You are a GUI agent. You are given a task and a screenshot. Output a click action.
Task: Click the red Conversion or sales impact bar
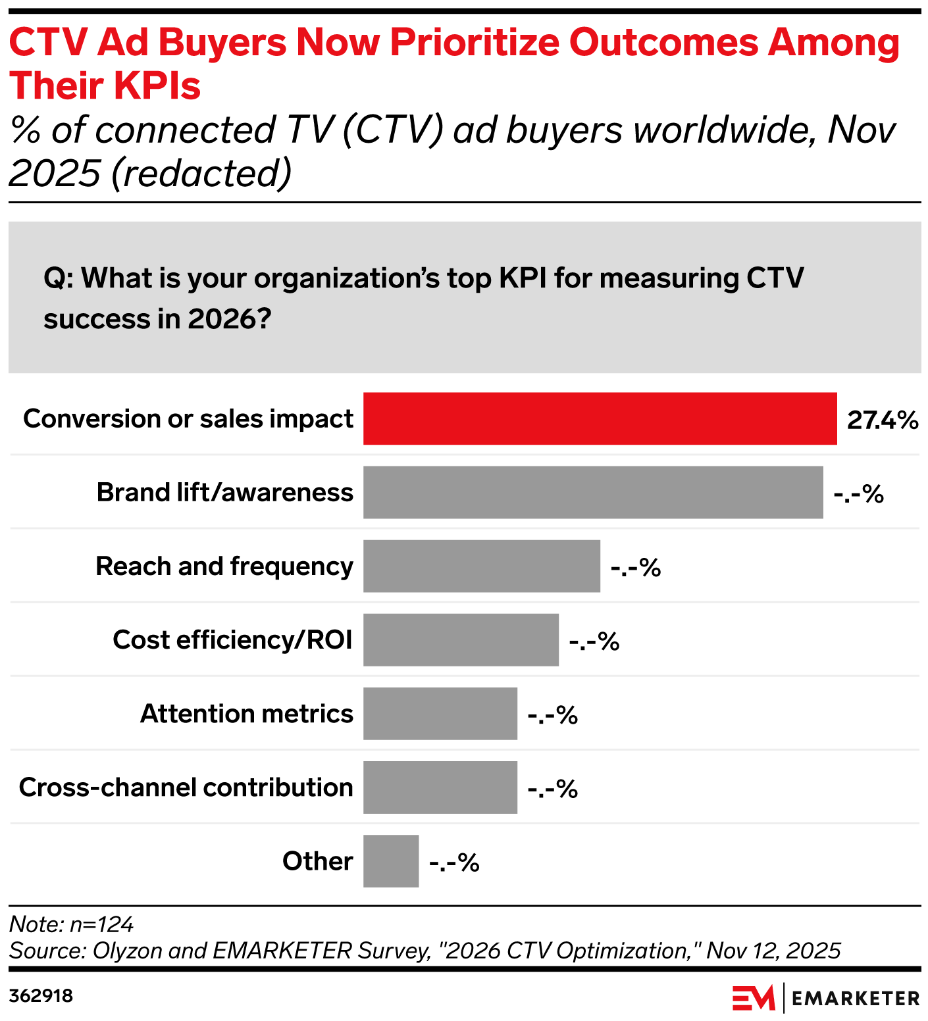(x=600, y=418)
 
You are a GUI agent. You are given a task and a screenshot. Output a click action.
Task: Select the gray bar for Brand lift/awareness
(x=592, y=492)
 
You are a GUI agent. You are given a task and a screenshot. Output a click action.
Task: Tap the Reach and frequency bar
(x=481, y=566)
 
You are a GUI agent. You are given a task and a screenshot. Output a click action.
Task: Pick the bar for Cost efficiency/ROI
(x=461, y=639)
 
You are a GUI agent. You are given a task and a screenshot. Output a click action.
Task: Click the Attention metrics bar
(x=440, y=713)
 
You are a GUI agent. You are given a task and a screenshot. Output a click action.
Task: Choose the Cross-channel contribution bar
(x=440, y=787)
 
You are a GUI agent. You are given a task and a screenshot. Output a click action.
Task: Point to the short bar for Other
(x=391, y=860)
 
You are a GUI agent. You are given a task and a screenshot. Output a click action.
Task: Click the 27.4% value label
(x=882, y=420)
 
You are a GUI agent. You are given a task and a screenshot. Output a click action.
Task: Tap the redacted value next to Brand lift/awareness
(x=858, y=493)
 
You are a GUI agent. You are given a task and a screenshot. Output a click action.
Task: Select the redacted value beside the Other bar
(x=454, y=862)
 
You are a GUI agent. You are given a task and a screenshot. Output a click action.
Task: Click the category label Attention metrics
(x=247, y=714)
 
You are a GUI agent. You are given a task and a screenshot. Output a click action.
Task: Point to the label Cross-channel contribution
(x=186, y=787)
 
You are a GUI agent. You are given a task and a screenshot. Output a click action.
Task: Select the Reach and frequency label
(x=224, y=566)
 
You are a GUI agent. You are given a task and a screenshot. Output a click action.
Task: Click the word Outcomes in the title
(x=664, y=43)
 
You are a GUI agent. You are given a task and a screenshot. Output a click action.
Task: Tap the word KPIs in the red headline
(x=161, y=86)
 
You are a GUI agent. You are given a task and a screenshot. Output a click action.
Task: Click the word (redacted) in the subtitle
(x=201, y=174)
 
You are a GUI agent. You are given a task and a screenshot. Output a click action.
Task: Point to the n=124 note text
(x=101, y=924)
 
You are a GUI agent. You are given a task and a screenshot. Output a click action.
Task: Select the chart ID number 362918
(x=41, y=995)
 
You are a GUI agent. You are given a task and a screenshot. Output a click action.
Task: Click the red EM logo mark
(x=754, y=998)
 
